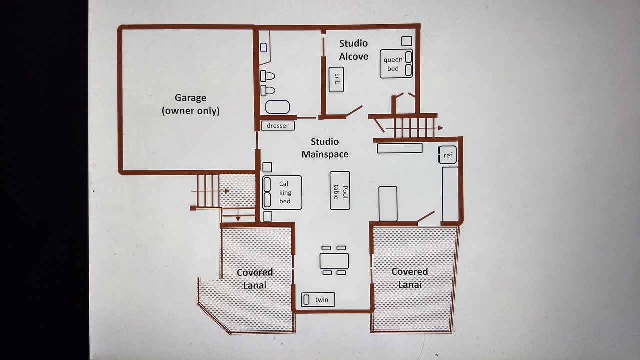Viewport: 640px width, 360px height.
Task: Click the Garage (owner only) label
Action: pos(191,104)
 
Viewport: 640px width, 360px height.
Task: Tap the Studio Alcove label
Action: pos(353,50)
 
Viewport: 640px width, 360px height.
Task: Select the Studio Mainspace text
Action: pos(325,148)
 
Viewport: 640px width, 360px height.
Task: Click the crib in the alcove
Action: pos(336,79)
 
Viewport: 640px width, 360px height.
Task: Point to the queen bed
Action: pos(396,64)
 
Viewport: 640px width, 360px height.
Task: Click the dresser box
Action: pos(278,125)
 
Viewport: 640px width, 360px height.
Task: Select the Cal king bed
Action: pos(282,193)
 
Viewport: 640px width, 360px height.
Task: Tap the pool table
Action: pos(340,190)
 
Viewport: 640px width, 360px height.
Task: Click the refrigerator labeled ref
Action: pos(447,155)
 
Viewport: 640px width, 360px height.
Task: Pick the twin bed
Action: pos(318,299)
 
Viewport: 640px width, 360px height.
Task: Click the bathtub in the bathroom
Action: pos(277,107)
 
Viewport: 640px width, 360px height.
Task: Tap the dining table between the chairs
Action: pos(334,261)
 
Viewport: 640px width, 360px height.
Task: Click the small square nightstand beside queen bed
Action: pos(407,41)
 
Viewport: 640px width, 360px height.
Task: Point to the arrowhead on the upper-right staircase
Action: pos(441,128)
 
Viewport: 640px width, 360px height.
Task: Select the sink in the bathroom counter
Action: pos(263,47)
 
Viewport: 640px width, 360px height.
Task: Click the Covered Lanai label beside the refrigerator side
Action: pos(410,278)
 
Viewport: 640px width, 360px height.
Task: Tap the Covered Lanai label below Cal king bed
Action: pos(255,279)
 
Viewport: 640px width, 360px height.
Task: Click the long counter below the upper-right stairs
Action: pos(399,148)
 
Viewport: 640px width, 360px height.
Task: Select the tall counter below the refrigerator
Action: pos(450,194)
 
